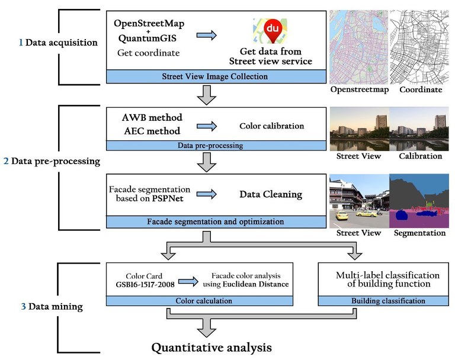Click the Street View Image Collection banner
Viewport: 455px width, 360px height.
click(x=215, y=76)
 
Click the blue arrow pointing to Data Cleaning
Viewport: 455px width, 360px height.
click(x=206, y=194)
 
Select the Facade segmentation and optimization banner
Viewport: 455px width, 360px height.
click(x=215, y=222)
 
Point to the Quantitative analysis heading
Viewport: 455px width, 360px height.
click(x=212, y=347)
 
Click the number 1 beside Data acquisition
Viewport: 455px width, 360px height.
click(x=20, y=42)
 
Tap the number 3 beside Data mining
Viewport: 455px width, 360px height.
click(x=23, y=307)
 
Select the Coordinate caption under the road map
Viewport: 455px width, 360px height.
click(x=420, y=90)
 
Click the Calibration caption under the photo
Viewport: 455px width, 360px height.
click(x=420, y=156)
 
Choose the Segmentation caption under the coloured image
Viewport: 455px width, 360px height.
click(x=420, y=233)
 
